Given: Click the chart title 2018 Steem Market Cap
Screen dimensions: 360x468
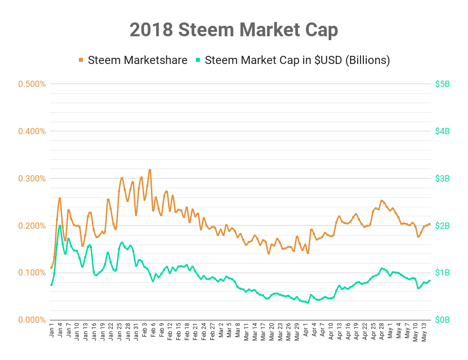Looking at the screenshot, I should (x=234, y=30).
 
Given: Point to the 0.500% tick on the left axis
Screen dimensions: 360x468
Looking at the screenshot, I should (x=32, y=84).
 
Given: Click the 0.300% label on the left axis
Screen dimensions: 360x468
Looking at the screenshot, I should (x=32, y=179).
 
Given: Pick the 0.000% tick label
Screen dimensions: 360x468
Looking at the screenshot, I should (x=32, y=320).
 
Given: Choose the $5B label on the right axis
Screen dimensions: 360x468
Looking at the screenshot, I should (x=443, y=84).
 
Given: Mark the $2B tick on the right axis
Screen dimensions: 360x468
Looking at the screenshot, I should (x=443, y=225).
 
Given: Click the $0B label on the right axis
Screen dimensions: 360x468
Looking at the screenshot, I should (x=443, y=320).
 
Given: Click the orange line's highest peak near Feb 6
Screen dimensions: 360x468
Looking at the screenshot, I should (x=150, y=169).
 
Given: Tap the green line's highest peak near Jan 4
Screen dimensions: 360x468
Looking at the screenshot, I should (x=60, y=225).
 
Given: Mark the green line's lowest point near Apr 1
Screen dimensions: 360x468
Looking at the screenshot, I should (x=308, y=303).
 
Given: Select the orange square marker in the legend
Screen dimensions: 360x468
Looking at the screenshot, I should (x=81, y=60).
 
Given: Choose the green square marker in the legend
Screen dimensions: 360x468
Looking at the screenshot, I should (x=198, y=60).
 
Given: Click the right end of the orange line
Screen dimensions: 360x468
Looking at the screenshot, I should (x=430, y=224).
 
